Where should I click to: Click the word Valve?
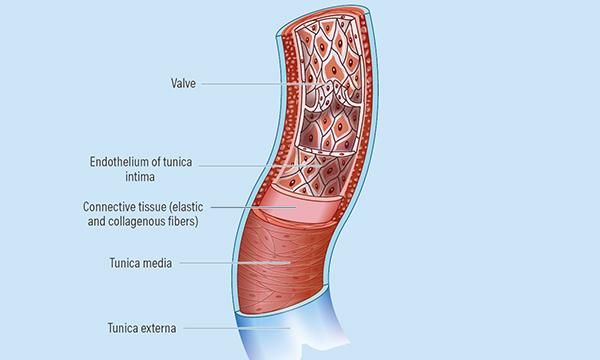183,85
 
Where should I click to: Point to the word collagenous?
137,221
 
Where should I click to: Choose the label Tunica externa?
139,326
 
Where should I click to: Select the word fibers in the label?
181,221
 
